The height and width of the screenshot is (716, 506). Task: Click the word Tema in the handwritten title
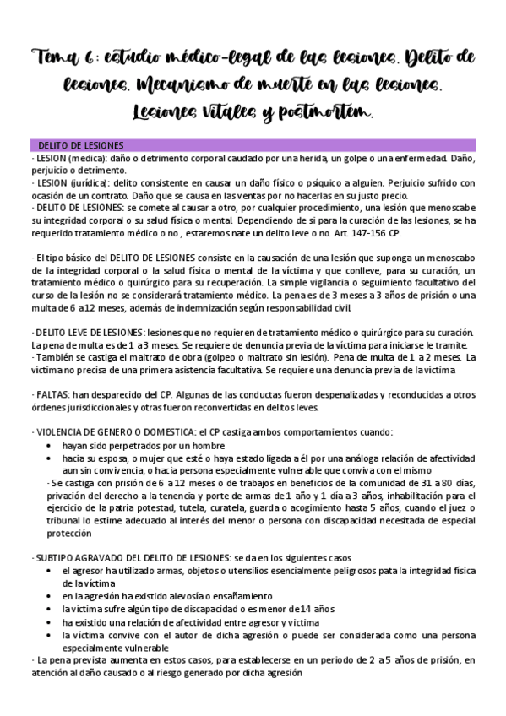[55, 57]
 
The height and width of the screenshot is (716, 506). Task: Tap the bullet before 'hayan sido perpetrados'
[54, 445]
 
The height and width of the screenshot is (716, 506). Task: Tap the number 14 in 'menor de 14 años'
[306, 608]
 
